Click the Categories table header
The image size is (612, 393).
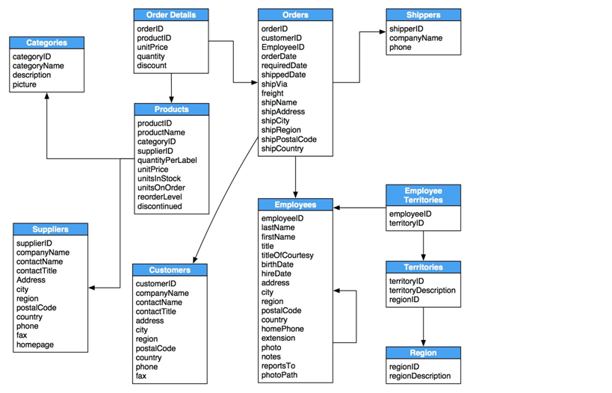pyautogui.click(x=46, y=43)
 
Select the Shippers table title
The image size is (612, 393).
pyautogui.click(x=423, y=15)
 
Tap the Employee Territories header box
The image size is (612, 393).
pyautogui.click(x=423, y=195)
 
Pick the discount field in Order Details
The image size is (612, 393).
pyautogui.click(x=152, y=66)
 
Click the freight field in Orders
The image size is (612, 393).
pyautogui.click(x=272, y=93)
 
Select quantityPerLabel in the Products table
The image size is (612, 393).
pyautogui.click(x=167, y=160)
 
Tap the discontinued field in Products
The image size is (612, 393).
pyautogui.click(x=160, y=206)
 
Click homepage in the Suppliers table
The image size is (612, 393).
pyautogui.click(x=35, y=345)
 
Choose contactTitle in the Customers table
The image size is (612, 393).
pyautogui.click(x=156, y=312)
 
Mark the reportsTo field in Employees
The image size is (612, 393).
pyautogui.click(x=278, y=366)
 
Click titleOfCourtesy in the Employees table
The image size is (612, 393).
pyautogui.click(x=288, y=255)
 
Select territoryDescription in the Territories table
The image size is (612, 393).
pyautogui.click(x=422, y=290)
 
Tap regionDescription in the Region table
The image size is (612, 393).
pyautogui.click(x=420, y=376)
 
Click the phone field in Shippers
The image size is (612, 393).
pyautogui.click(x=400, y=47)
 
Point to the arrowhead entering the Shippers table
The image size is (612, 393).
pyautogui.click(x=382, y=32)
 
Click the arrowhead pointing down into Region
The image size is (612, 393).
pyautogui.click(x=424, y=342)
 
